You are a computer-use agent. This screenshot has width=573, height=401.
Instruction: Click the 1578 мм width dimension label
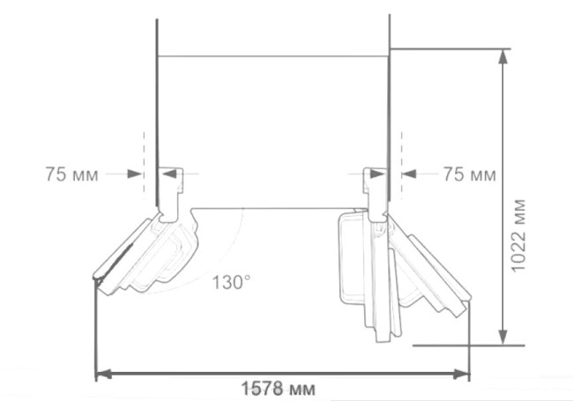click(278, 388)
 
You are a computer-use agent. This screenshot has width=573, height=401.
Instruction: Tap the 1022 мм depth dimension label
click(518, 235)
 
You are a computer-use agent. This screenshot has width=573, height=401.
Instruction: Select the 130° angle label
click(231, 282)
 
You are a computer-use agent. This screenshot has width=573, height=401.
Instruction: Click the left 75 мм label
click(71, 175)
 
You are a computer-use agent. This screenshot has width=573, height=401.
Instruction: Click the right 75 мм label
click(470, 175)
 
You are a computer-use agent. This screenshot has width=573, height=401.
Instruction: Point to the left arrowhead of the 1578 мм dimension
click(104, 375)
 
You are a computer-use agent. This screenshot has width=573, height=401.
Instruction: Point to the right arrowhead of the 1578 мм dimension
click(461, 375)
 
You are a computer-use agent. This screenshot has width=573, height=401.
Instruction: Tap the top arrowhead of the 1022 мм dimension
click(503, 56)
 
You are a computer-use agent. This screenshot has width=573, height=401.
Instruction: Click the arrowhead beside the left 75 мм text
click(135, 174)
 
